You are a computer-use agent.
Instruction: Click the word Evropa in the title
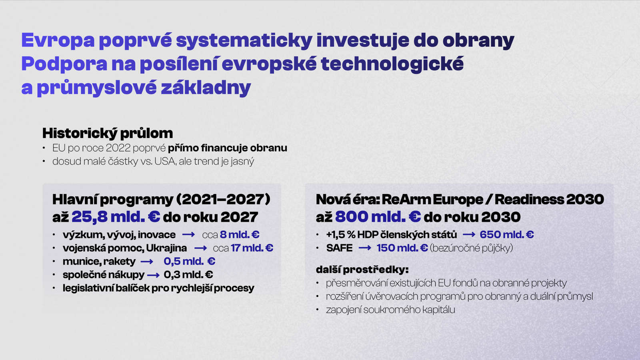click(x=58, y=40)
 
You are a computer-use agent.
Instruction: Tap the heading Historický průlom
click(x=108, y=133)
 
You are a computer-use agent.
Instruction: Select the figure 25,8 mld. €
click(x=116, y=216)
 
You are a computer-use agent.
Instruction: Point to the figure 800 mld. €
click(x=378, y=216)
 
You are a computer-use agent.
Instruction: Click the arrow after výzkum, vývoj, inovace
click(x=188, y=234)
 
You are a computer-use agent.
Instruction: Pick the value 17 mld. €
click(x=252, y=248)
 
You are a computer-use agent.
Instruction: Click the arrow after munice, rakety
click(x=147, y=262)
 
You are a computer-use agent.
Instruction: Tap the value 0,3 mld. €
click(x=188, y=274)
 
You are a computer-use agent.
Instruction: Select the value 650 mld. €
click(x=506, y=234)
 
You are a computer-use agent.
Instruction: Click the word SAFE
click(x=340, y=248)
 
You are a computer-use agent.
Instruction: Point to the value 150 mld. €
click(x=402, y=248)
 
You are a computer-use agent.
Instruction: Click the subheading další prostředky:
click(x=362, y=270)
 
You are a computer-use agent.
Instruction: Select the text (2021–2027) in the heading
click(x=223, y=199)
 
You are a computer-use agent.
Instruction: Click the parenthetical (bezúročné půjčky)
click(x=472, y=248)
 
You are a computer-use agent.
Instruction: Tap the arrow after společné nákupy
click(x=153, y=275)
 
